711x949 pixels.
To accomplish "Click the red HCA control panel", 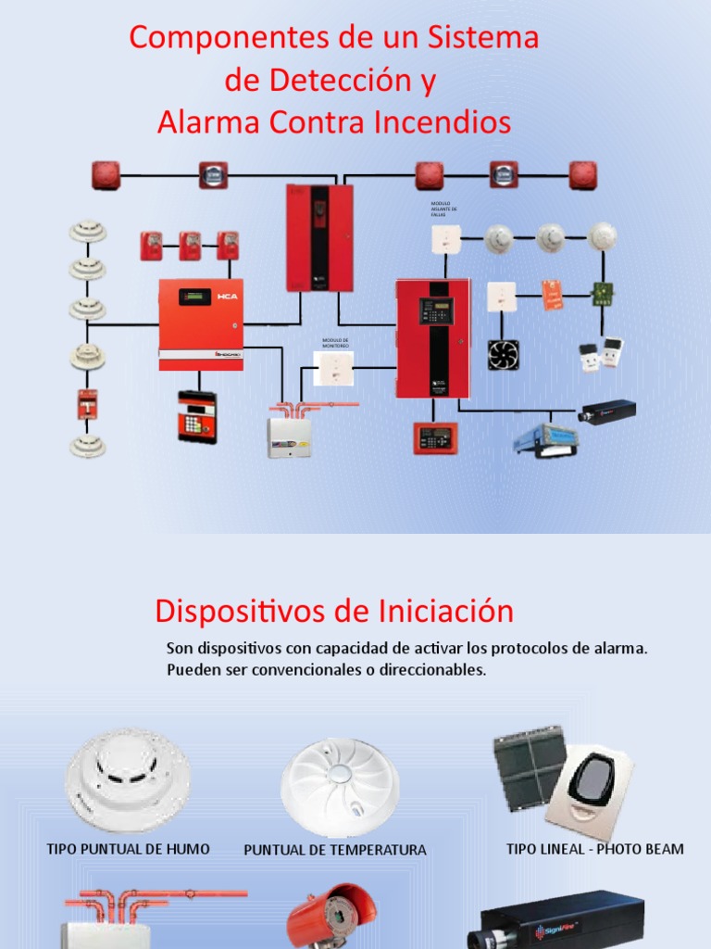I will [x=201, y=324].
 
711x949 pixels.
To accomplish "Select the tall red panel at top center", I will [x=319, y=237].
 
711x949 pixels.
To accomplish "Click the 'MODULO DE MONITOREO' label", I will [x=335, y=343].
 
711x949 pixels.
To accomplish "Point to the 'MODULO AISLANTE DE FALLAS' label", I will [x=444, y=209].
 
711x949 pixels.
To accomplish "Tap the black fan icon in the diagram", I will [x=503, y=354].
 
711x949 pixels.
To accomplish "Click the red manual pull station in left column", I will [x=88, y=403].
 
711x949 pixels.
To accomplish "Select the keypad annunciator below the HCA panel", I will [x=197, y=416].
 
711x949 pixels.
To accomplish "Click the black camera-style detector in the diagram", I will [x=606, y=411].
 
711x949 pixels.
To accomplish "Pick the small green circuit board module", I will [x=605, y=294].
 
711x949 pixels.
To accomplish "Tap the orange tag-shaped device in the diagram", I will [x=553, y=296].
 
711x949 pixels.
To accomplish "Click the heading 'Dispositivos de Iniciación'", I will [x=334, y=611].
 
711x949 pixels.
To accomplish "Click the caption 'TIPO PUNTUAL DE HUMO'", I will [x=129, y=848].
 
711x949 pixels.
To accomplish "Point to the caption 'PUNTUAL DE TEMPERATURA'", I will [x=335, y=850].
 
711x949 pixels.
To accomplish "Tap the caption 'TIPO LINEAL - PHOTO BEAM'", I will [x=595, y=848].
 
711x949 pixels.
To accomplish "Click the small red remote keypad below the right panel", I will [x=435, y=437].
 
